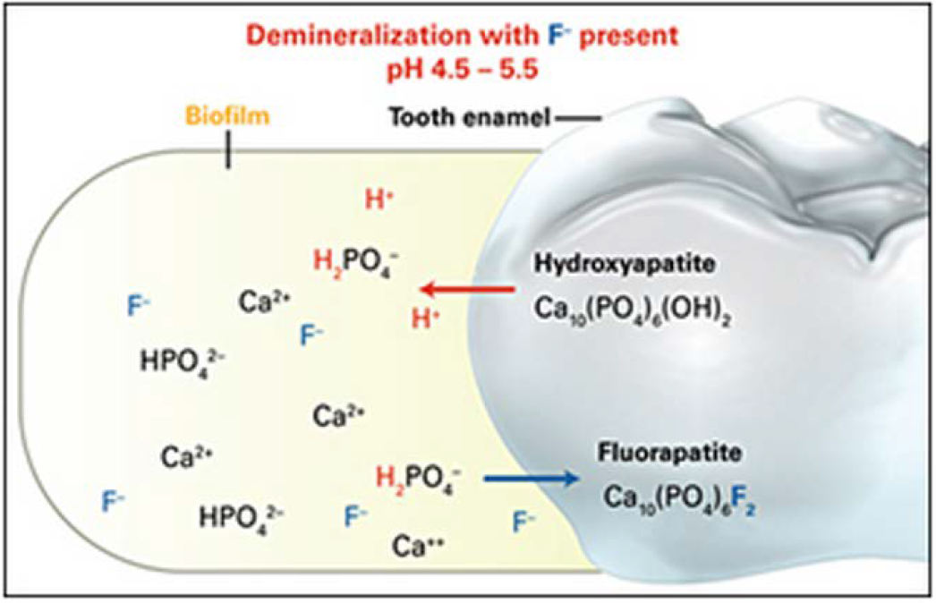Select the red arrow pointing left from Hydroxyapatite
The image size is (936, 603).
(x=465, y=289)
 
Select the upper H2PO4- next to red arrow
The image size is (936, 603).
(x=355, y=260)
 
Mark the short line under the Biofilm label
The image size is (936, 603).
(x=229, y=152)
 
